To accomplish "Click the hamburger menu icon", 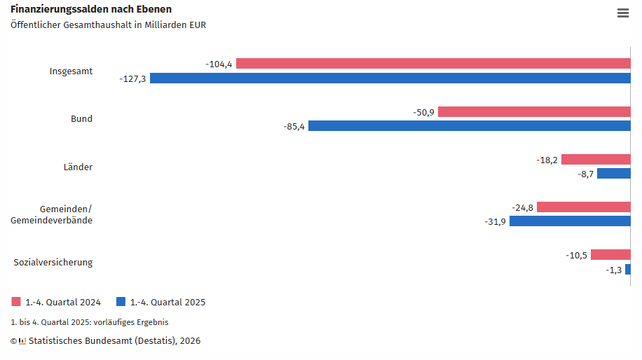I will (622, 13).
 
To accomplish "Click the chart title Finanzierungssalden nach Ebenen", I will (91, 9).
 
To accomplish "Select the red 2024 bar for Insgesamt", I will (433, 64).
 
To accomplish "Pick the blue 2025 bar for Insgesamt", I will (390, 78).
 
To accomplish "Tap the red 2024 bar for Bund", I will (534, 112).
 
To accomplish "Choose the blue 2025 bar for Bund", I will (470, 126).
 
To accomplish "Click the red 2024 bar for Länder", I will (596, 160).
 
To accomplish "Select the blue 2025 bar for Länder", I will (613, 174).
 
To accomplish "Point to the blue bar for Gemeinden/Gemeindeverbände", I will (570, 221).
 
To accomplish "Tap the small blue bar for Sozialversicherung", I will (628, 270).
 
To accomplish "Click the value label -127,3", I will (132, 78).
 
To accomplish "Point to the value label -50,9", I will (423, 112).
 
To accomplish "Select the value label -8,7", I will (586, 174).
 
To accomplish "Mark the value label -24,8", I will (522, 208).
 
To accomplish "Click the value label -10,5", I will (576, 256).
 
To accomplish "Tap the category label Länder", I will (78, 167).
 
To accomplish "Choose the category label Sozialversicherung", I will (53, 263).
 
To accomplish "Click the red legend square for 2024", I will (16, 302).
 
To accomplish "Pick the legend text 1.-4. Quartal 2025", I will (168, 303).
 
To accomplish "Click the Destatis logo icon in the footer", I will (22, 341).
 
